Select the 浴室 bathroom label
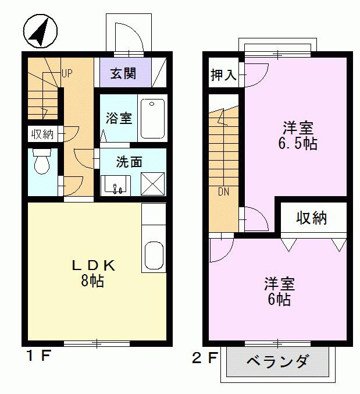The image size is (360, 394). pos(118,118)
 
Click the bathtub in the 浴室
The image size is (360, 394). pos(153,118)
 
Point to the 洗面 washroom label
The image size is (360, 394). pos(129,162)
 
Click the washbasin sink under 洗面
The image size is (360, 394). pos(116,185)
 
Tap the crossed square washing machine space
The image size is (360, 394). pos(152,184)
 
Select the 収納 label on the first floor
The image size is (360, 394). pos(42,134)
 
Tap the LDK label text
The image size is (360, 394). pos(94,266)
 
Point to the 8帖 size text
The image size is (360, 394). pos(93,282)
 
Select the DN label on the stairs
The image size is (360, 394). pos(224,191)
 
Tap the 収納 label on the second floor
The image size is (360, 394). pos(312,218)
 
